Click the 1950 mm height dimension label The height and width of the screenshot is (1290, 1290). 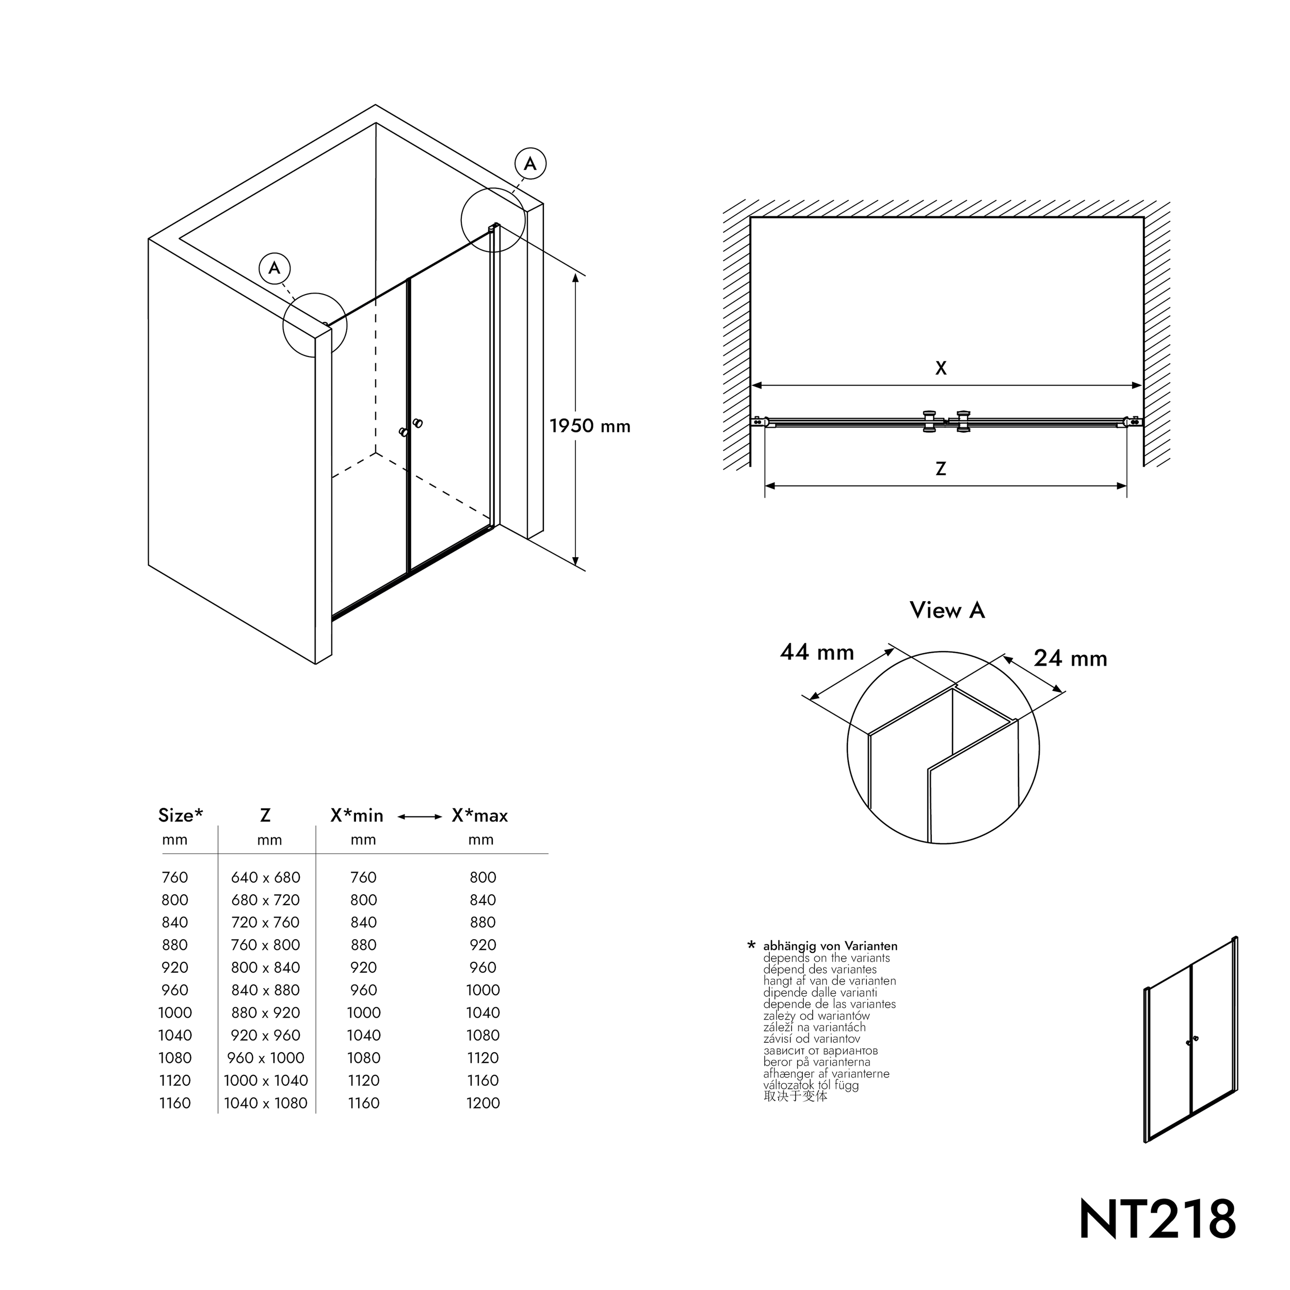pos(590,427)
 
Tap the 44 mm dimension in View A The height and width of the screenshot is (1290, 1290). pos(817,652)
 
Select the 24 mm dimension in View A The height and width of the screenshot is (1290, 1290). pos(1070,659)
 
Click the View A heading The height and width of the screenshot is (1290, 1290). pos(947,610)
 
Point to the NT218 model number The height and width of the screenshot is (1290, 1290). pos(1157,1219)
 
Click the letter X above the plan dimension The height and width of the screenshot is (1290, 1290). pos(941,368)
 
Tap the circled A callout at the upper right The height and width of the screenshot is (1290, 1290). pos(530,164)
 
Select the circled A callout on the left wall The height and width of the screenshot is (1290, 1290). pos(275,268)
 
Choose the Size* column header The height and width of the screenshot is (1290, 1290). pos(180,815)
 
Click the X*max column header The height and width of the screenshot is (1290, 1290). pos(479,816)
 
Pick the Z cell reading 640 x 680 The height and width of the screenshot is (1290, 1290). pos(266,877)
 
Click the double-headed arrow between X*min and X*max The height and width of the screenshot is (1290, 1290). pos(420,817)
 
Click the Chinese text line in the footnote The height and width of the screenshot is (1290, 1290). pos(795,1096)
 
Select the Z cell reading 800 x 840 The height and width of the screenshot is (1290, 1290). pos(266,967)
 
